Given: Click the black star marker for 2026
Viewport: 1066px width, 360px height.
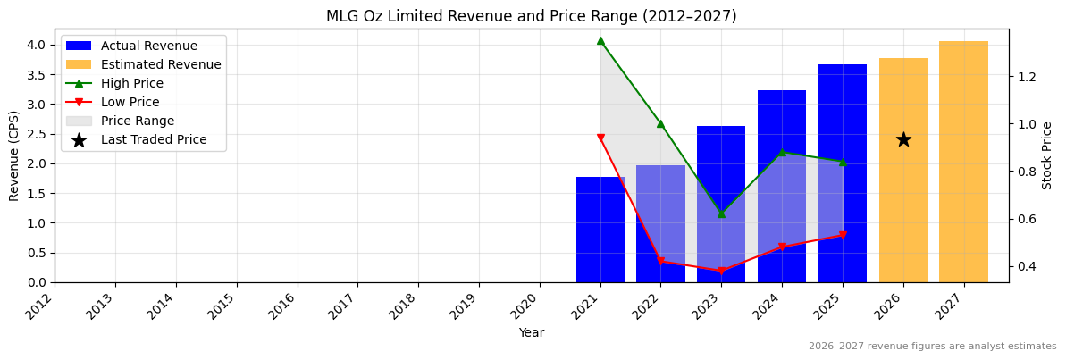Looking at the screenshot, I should click(x=903, y=139).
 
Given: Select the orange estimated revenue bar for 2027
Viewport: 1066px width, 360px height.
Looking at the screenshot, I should click(x=963, y=161).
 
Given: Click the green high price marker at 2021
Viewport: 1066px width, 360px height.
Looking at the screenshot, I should click(x=600, y=40).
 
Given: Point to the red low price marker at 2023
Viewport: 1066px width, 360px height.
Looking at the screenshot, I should click(x=721, y=271).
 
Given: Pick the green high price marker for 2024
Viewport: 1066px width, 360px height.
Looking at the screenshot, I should click(x=782, y=152).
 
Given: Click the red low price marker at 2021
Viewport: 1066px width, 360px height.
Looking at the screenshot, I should click(x=600, y=138).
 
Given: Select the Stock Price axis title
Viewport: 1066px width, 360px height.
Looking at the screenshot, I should click(x=1047, y=155).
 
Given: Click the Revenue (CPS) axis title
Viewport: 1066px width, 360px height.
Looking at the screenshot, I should click(x=14, y=155).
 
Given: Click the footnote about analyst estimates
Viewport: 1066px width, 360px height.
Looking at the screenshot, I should click(x=932, y=347).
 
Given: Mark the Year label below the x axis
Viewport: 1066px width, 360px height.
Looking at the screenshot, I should click(x=531, y=332).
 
